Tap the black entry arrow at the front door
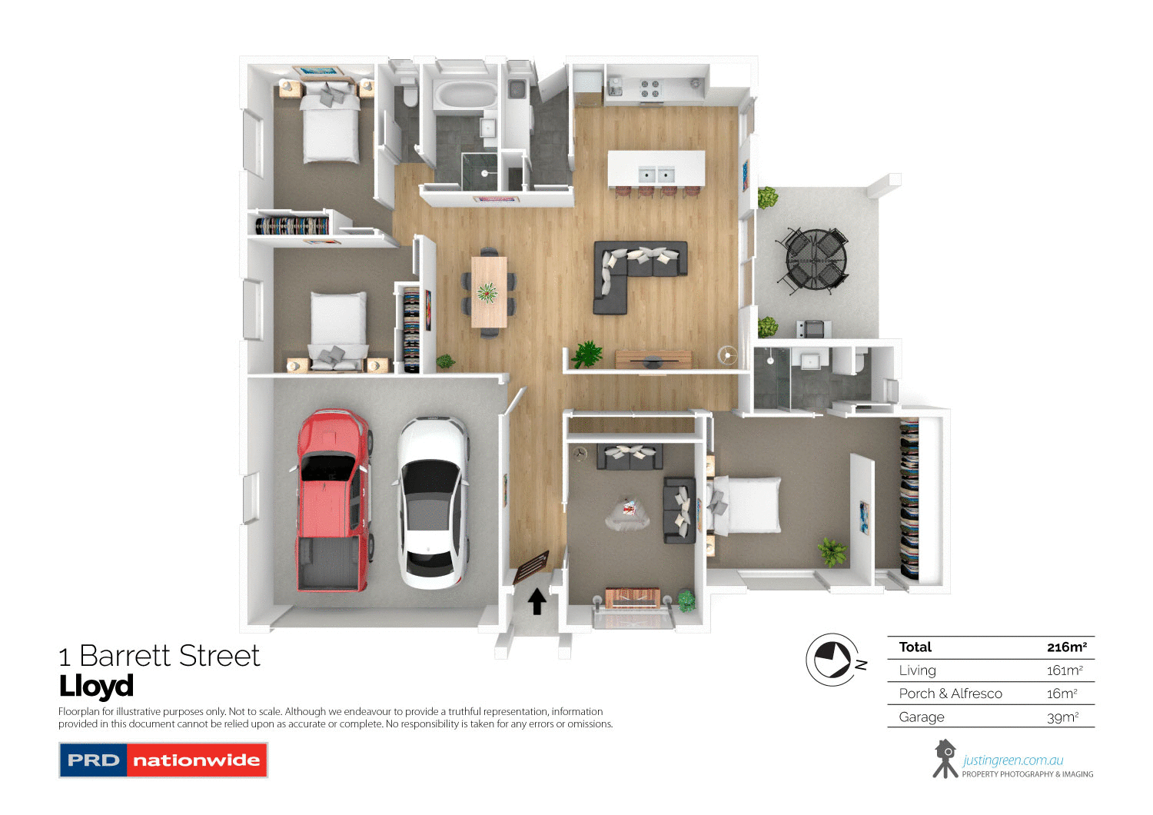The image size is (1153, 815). [537, 601]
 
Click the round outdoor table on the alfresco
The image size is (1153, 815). [816, 258]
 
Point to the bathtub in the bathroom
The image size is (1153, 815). [466, 96]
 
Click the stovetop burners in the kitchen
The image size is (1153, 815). [650, 88]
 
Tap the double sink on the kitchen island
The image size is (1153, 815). [656, 175]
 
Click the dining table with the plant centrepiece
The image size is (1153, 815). [489, 292]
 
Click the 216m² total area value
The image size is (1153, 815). [1066, 647]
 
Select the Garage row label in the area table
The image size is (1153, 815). [922, 717]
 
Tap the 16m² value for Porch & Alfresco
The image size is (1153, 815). [1062, 694]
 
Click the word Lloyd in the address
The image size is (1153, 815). [96, 686]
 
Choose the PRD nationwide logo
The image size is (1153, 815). [163, 760]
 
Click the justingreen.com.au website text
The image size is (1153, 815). [1013, 760]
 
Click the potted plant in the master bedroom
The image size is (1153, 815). [831, 551]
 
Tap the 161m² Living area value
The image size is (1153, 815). [1065, 670]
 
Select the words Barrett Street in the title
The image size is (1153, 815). [169, 657]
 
